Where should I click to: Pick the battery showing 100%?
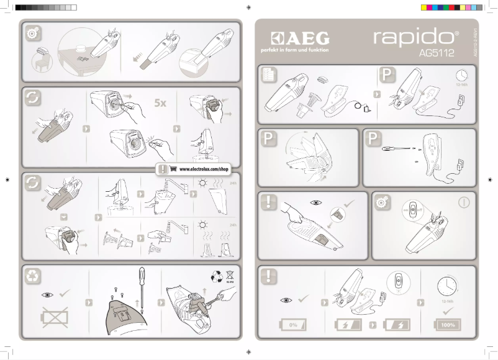click(447, 325)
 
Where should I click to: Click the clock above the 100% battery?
click(447, 286)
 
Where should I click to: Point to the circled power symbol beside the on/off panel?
click(463, 202)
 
